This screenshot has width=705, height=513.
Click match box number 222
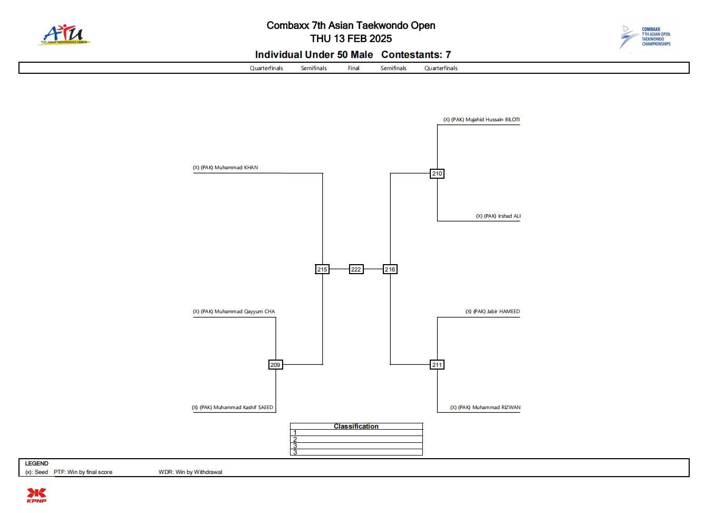coord(356,269)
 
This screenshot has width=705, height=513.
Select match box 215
coord(322,269)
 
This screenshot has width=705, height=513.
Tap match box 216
coord(390,269)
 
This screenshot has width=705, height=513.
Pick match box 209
coord(275,365)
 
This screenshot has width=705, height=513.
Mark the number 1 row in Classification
coord(356,433)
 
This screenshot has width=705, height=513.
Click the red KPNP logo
coord(36,495)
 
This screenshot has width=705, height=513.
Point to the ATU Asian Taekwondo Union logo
coord(64,35)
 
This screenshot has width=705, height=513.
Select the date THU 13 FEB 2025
coord(351,38)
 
